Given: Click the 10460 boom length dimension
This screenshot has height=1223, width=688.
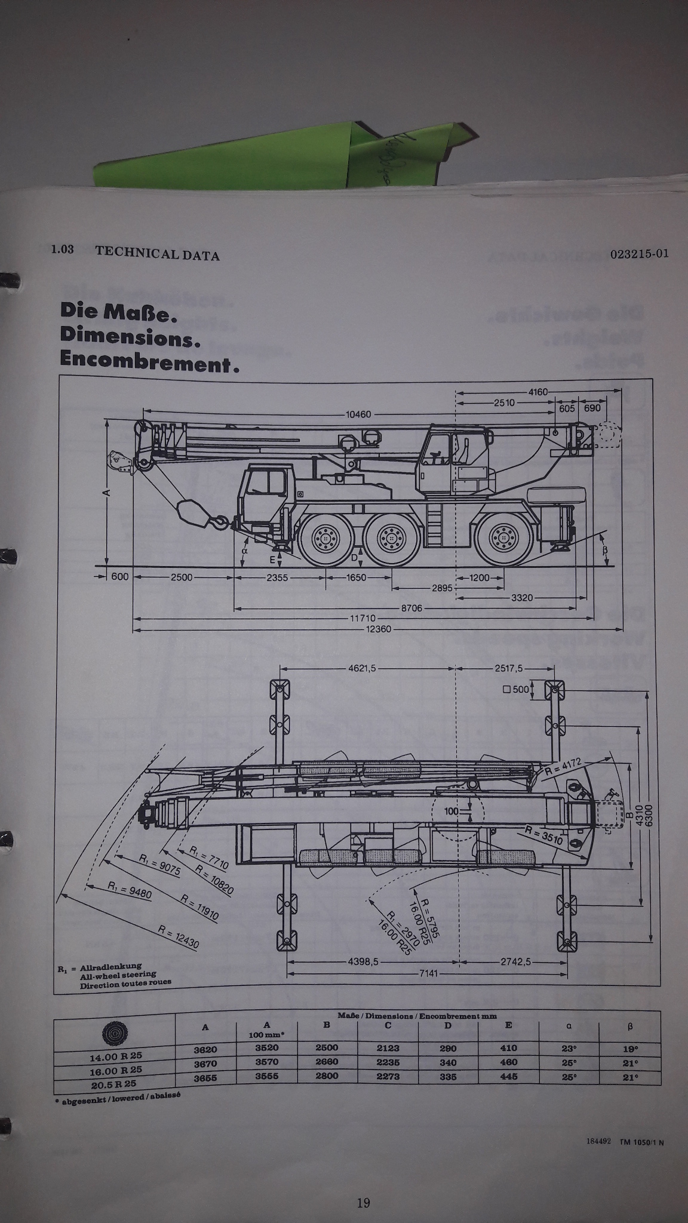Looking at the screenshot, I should coord(359,414).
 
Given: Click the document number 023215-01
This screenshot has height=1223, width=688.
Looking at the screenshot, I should coord(640,253).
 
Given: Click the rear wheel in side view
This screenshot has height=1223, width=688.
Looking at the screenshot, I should coord(502,538).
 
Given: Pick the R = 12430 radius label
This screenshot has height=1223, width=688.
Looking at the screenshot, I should coord(179,937).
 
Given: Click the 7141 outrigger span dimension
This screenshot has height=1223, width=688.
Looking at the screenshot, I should coord(429,973).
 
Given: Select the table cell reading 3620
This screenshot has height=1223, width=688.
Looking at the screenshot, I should coord(205,1049).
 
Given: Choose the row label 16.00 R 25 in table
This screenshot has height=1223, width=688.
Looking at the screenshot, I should coord(116,1070).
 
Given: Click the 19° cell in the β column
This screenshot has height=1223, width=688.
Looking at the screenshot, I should coord(630,1049).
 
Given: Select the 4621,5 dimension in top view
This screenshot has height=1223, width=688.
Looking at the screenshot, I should coord(362,668).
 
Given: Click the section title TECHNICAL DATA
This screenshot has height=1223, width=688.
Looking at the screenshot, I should coord(157,255).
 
